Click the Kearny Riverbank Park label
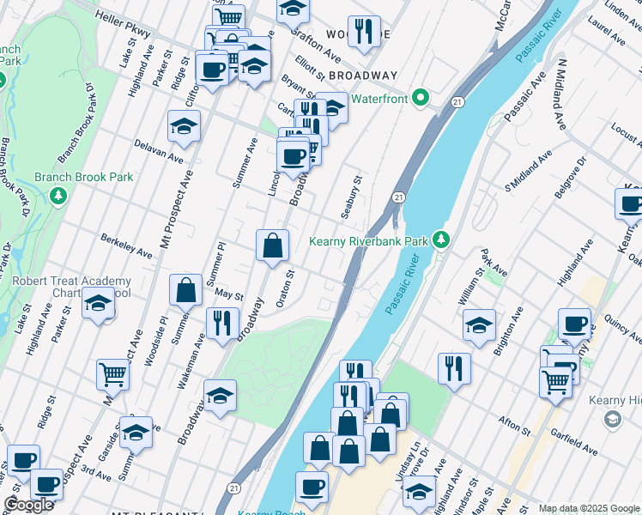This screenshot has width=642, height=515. [370, 241]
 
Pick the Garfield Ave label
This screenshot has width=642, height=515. [576, 444]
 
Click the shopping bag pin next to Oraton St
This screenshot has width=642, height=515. [272, 245]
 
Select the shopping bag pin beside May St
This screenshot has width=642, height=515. [185, 290]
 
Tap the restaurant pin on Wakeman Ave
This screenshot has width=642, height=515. [222, 323]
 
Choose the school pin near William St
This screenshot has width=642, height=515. [479, 324]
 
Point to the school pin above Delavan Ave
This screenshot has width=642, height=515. [184, 126]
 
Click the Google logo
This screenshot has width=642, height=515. [28, 505]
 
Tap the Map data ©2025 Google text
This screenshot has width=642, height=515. [588, 508]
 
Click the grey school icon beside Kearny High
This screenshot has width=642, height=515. [611, 419]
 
